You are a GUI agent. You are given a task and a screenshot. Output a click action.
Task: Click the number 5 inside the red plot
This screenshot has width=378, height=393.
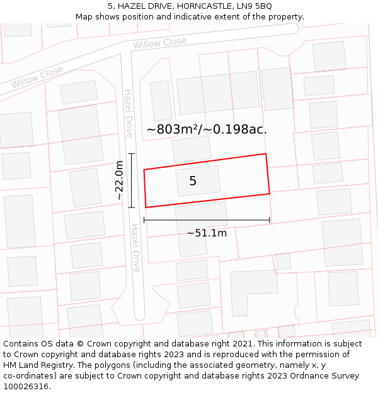(193, 181)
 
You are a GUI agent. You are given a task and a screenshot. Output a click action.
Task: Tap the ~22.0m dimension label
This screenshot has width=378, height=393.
(119, 180)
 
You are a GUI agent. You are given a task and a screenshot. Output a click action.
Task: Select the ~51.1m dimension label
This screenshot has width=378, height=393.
(207, 233)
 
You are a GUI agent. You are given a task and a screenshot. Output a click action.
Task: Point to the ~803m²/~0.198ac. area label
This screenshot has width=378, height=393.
(207, 130)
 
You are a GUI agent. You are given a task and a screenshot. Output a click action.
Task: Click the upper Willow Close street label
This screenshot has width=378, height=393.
(159, 43)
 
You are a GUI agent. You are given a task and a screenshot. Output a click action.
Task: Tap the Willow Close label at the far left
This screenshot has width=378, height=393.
(37, 77)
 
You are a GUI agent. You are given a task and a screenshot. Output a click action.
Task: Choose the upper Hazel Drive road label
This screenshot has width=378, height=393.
(129, 113)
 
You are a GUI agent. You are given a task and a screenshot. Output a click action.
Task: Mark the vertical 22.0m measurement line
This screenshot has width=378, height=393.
(131, 180)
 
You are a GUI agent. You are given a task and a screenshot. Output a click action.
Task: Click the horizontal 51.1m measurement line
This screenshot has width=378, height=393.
(207, 220)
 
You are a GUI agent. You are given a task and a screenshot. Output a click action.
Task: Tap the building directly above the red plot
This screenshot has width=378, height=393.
(192, 149)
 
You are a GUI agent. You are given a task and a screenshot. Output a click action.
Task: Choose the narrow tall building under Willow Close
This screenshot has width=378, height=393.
(161, 100)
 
